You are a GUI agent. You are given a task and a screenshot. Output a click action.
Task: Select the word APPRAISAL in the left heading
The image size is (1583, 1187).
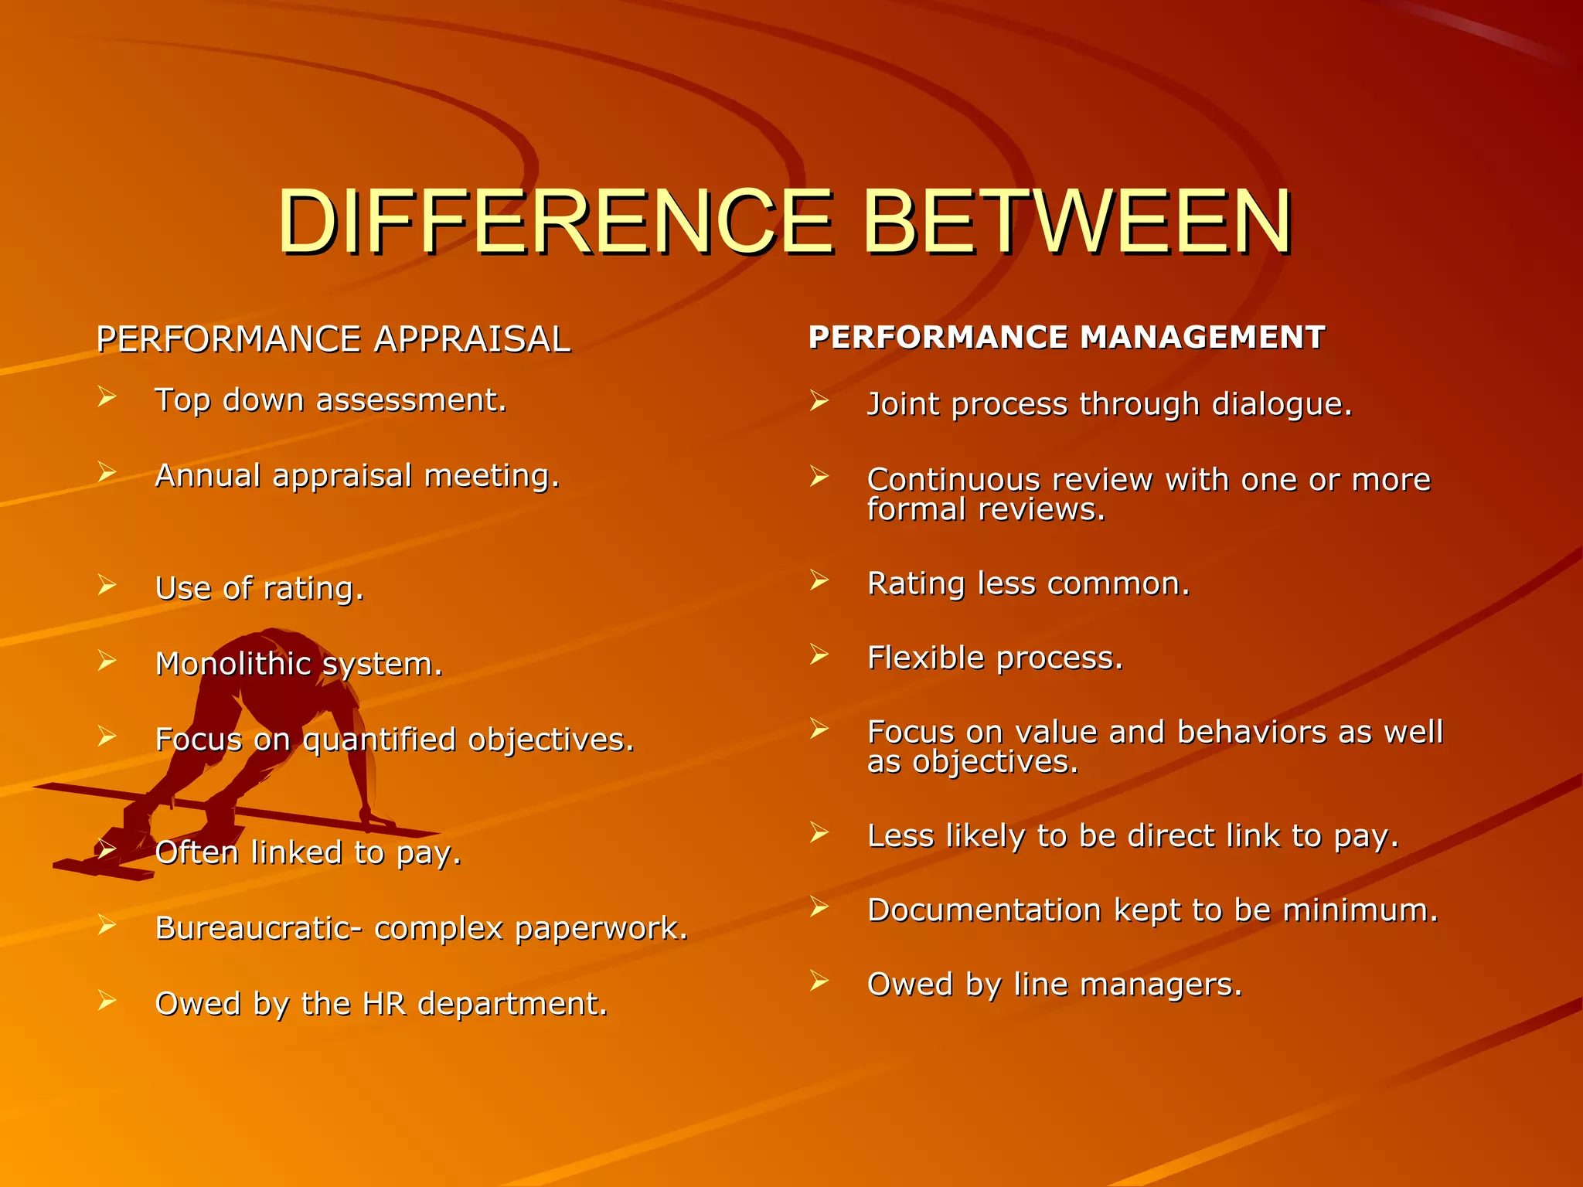click(x=471, y=339)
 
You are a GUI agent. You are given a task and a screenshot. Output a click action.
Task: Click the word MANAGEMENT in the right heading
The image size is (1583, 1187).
click(x=1202, y=338)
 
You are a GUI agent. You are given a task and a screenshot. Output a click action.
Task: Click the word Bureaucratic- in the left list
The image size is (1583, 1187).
click(x=257, y=928)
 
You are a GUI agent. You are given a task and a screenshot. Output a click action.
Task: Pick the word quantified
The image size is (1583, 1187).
click(x=379, y=740)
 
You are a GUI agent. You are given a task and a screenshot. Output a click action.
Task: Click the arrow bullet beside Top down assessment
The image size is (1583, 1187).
click(x=107, y=398)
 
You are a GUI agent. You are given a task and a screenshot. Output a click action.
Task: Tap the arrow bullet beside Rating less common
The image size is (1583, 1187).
click(x=819, y=580)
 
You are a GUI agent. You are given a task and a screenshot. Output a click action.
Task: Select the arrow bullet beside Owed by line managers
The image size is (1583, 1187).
click(x=819, y=981)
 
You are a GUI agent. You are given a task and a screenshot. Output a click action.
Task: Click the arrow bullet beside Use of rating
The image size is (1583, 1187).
click(x=107, y=586)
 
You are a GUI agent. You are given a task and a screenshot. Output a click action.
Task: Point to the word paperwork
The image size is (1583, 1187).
click(x=601, y=928)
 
